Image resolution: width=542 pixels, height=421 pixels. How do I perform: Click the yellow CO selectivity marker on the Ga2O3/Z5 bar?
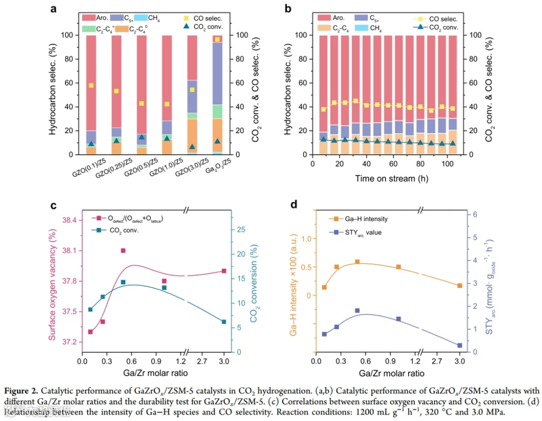click(217, 39)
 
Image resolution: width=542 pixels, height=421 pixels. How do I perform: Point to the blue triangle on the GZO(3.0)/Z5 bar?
click(192, 147)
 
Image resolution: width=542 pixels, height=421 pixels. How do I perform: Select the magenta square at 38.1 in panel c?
click(123, 250)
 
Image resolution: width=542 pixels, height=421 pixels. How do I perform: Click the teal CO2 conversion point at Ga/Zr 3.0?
click(224, 322)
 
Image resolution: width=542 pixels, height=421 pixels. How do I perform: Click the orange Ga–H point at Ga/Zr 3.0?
click(459, 285)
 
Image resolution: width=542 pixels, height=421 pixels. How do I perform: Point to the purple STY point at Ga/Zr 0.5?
click(357, 310)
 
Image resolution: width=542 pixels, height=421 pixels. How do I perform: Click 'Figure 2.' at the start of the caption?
click(20, 390)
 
